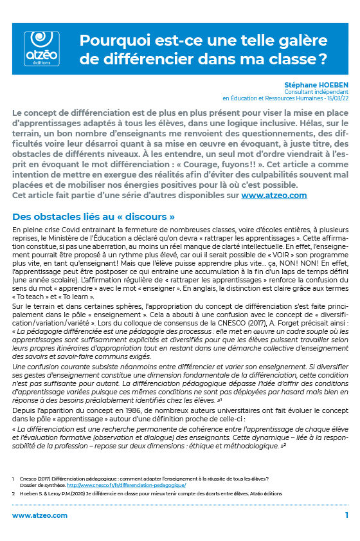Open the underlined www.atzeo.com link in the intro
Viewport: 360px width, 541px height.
[274, 195]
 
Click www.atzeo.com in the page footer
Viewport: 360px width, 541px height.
[40, 516]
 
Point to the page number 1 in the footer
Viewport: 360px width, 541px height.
[346, 516]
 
